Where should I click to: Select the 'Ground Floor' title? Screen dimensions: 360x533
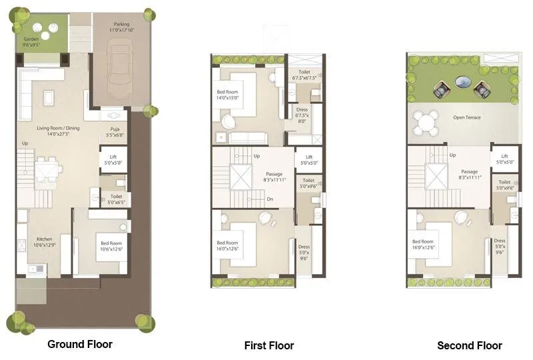tap(80, 344)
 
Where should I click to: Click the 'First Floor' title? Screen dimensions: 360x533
tap(268, 345)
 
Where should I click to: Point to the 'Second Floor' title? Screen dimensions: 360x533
tap(469, 345)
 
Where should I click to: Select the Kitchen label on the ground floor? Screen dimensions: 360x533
tap(44, 239)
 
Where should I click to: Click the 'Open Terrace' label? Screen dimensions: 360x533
tap(466, 117)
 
